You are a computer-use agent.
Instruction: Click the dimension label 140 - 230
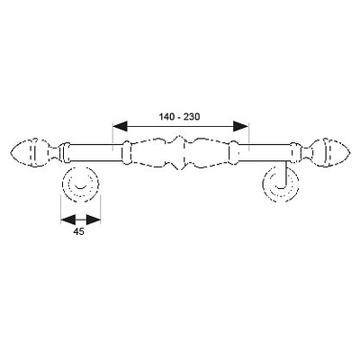179,117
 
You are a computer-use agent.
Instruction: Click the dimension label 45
78,231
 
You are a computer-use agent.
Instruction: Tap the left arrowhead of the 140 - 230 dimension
120,126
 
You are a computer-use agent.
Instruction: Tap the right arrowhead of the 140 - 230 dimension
241,126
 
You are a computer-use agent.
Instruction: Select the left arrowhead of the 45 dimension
67,220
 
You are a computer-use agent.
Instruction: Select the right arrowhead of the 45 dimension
94,220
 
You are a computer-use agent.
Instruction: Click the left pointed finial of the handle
30,153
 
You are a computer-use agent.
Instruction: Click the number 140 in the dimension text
166,117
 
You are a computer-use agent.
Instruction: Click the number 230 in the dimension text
193,117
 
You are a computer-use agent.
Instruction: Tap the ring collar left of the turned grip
126,152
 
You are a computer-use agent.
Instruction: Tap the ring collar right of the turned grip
233,152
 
